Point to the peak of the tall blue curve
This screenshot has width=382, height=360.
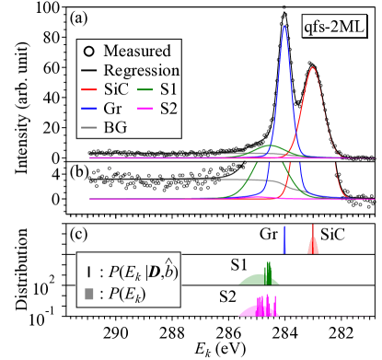coord(284,27)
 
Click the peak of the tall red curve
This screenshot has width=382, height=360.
coord(314,67)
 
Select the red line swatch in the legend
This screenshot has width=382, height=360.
coord(89,89)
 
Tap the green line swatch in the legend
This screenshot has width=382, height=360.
coord(145,89)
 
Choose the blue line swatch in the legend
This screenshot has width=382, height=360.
coord(89,108)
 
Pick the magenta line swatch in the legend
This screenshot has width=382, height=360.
coord(145,108)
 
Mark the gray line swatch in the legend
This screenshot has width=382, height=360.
coord(89,126)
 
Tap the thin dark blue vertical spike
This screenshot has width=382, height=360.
coord(284,238)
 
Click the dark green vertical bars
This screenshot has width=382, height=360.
coord(269,273)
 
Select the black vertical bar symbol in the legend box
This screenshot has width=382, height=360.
coord(88,272)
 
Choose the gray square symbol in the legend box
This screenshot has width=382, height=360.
coord(88,294)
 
